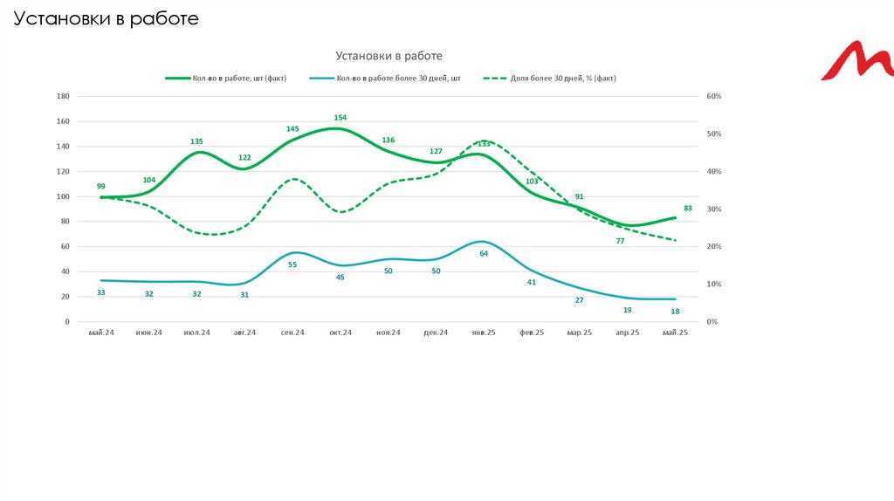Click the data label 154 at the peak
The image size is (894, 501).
pos(340,117)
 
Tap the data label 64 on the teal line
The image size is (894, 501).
pos(484,253)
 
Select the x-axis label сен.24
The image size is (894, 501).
pos(292,333)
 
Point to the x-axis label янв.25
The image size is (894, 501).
pos(484,333)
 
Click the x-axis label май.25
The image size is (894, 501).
pos(676,333)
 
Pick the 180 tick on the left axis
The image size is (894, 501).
pos(63,96)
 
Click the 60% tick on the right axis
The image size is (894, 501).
pos(714,96)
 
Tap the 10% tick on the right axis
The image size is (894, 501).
pos(714,285)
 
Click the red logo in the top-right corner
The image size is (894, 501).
pos(857,60)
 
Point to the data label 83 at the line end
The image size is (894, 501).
pos(688,208)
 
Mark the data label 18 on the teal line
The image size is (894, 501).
pos(676,311)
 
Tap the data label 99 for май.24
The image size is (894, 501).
pos(101,186)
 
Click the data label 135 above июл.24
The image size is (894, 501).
pos(197,141)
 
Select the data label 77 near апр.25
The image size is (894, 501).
pos(621,240)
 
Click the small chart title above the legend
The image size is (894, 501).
pos(389,56)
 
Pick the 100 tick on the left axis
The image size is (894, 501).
pos(63,196)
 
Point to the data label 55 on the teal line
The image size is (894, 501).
pos(292,264)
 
